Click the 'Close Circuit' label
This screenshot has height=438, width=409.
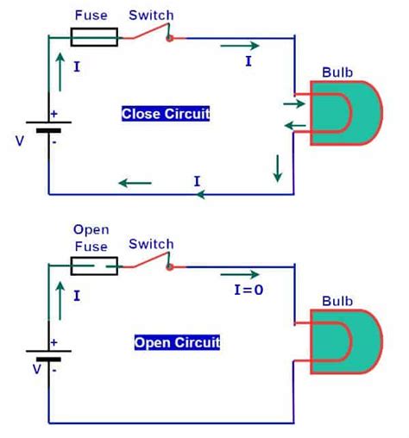[x=166, y=114]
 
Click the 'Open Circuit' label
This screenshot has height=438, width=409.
[x=177, y=342]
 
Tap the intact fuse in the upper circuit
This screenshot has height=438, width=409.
[x=93, y=37]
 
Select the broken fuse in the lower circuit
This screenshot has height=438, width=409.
[x=93, y=266]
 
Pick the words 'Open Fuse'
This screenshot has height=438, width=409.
[x=91, y=237]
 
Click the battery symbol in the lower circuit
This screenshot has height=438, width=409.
[x=47, y=357]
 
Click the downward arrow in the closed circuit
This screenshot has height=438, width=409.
[x=277, y=167]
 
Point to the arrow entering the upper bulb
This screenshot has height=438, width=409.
[x=293, y=104]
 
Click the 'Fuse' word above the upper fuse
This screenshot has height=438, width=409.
[x=91, y=16]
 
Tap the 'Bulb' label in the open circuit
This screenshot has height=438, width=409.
[x=337, y=302]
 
